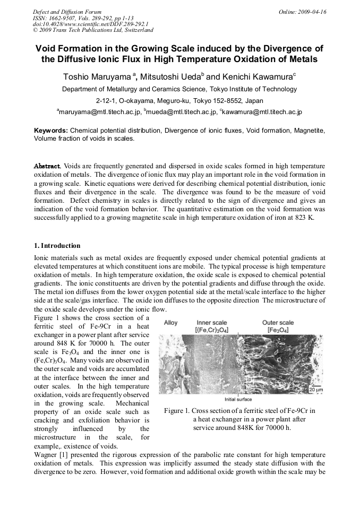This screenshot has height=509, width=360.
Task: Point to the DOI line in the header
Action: coord(90,24)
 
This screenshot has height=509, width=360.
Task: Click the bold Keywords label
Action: coord(50,130)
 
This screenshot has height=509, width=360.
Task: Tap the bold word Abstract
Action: coord(47,166)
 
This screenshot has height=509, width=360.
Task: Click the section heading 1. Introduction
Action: coord(57,246)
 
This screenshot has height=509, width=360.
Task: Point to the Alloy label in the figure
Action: coord(171,323)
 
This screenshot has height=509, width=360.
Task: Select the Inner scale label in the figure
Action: coord(212,322)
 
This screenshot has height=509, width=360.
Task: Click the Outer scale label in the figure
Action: coord(278,322)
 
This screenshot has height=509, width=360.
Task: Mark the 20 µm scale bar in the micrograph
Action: coord(314,390)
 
